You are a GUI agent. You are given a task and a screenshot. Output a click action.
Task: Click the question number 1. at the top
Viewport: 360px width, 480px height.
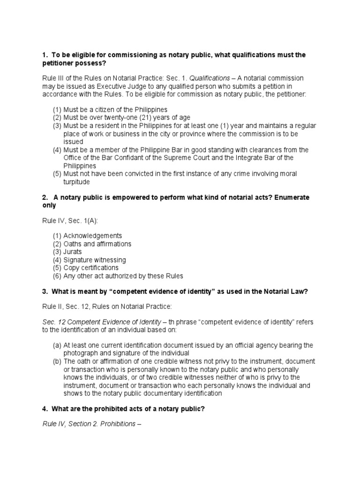click(x=45, y=55)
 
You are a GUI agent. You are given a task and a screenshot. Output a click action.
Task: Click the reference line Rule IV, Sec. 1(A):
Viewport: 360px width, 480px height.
click(x=68, y=220)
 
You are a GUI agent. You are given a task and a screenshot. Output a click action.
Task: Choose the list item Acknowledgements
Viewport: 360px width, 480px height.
click(x=92, y=236)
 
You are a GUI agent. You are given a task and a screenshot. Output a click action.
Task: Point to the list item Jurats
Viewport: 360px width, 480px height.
click(x=73, y=252)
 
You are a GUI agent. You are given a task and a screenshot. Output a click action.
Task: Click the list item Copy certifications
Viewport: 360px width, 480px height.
click(x=91, y=268)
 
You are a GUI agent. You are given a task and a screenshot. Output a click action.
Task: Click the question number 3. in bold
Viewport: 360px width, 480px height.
click(x=45, y=291)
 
